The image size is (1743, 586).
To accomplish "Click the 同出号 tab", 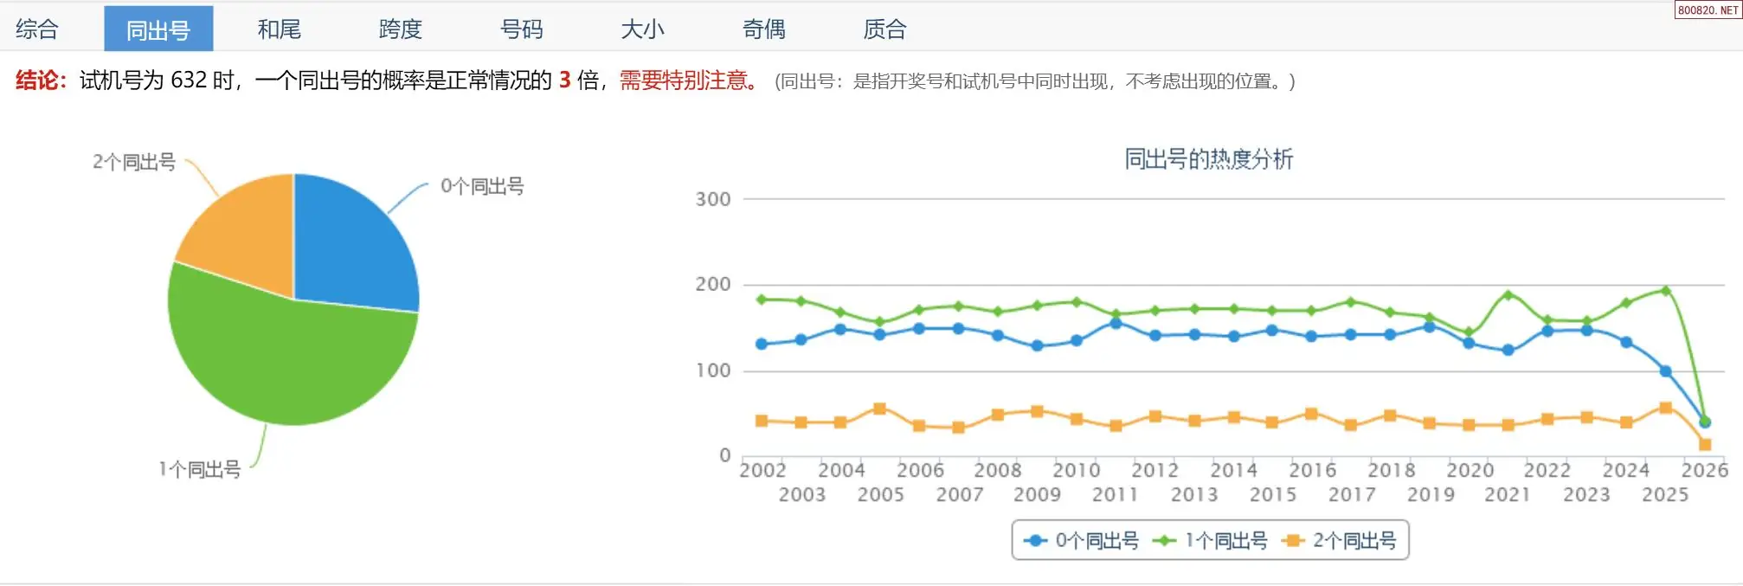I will (x=158, y=29).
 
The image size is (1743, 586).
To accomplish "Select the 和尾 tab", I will (x=279, y=29).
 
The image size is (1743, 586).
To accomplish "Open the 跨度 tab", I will (x=400, y=29).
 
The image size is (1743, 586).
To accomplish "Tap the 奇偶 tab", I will (x=763, y=29).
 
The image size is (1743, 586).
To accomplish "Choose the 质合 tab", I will (x=884, y=29).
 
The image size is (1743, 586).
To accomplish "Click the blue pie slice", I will (x=355, y=247).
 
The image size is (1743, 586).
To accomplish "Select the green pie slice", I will (x=286, y=364).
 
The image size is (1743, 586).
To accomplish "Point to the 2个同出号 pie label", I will (x=134, y=162).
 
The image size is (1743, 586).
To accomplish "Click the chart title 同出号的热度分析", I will (x=1208, y=159).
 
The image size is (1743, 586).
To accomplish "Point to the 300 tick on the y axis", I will (x=713, y=200).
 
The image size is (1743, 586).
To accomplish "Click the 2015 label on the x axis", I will (x=1272, y=495).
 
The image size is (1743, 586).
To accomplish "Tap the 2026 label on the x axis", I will (x=1704, y=470).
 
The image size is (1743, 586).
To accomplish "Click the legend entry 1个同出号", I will (x=1212, y=541).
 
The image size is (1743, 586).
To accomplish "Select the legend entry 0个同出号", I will (x=1083, y=541).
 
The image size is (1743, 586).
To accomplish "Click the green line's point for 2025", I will (x=1665, y=291).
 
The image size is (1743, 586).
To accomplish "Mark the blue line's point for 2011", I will (x=1116, y=323).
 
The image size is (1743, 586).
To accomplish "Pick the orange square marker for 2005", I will (x=879, y=409).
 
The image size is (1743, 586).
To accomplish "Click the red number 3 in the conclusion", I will (x=565, y=80).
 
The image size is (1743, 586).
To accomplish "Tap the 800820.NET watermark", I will (x=1708, y=10).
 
